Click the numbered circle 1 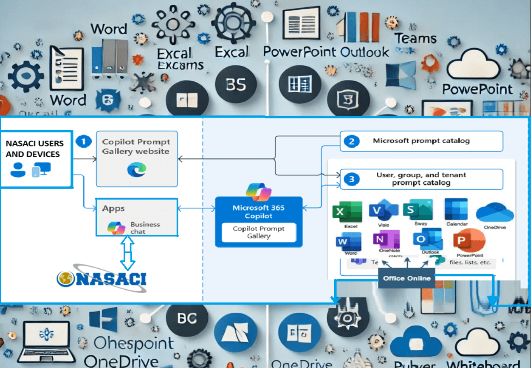pyautogui.click(x=83, y=141)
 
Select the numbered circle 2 pyautogui.click(x=352, y=141)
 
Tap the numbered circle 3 pyautogui.click(x=352, y=179)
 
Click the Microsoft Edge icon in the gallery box pyautogui.click(x=137, y=170)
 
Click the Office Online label pyautogui.click(x=407, y=278)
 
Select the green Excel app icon pyautogui.click(x=347, y=212)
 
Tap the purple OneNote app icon pyautogui.click(x=386, y=239)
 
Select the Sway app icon pyautogui.click(x=418, y=210)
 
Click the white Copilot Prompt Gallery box pyautogui.click(x=259, y=232)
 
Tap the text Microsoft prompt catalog pyautogui.click(x=421, y=141)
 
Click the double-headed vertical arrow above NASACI pyautogui.click(x=128, y=253)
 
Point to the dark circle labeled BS pyautogui.click(x=236, y=85)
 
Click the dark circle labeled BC pyautogui.click(x=187, y=319)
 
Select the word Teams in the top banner pyautogui.click(x=415, y=39)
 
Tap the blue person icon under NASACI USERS pyautogui.click(x=18, y=170)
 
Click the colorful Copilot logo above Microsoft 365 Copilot pyautogui.click(x=259, y=192)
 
